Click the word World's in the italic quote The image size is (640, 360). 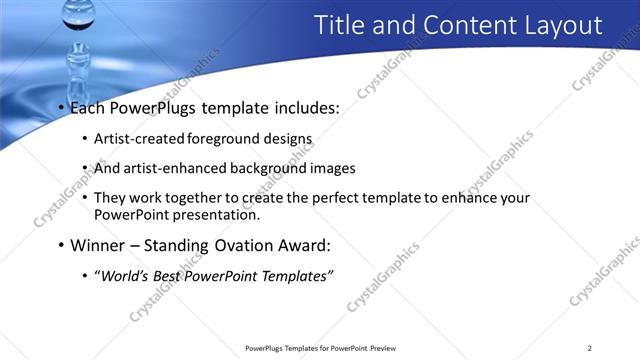124,276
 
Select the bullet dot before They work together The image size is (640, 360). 85,198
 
